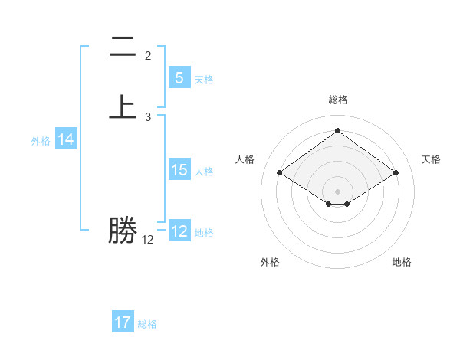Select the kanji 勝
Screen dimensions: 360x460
(x=123, y=231)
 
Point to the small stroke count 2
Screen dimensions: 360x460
(x=148, y=56)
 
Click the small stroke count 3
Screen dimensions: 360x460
(x=148, y=117)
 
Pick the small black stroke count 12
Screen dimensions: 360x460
(x=148, y=240)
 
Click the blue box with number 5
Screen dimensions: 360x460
(x=179, y=78)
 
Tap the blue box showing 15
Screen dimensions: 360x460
(x=179, y=170)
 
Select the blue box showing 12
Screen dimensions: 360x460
(x=179, y=231)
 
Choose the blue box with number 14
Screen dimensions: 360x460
(x=66, y=139)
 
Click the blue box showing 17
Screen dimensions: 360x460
(x=123, y=322)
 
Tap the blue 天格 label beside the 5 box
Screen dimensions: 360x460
(x=204, y=79)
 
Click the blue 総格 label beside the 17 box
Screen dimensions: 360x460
(x=147, y=324)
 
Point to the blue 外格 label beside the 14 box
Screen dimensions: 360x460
(x=41, y=141)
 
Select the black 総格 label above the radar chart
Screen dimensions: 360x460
(x=337, y=100)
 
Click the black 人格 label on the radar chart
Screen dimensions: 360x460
(x=245, y=159)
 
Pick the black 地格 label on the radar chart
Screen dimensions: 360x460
(x=402, y=262)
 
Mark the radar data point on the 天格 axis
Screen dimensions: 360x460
(x=396, y=173)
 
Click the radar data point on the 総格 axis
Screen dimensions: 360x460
(x=337, y=131)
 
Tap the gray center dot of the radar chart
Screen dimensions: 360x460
(x=337, y=191)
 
